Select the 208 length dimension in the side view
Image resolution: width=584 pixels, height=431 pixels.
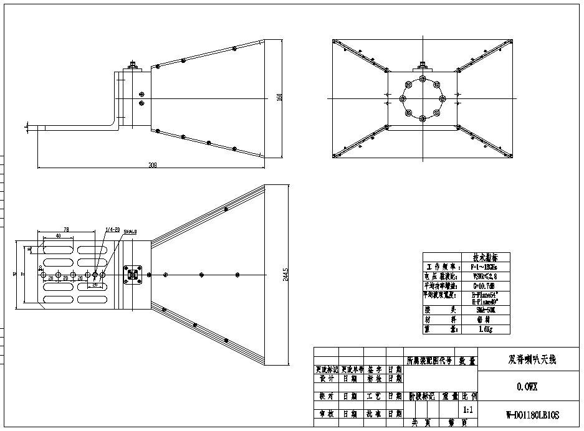point(152,165)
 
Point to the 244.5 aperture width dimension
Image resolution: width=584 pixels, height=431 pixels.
point(285,275)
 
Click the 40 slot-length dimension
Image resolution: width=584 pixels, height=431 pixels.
point(59,236)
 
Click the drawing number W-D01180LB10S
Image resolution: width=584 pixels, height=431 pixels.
point(533,415)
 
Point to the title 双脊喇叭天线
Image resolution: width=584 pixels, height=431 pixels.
point(532,360)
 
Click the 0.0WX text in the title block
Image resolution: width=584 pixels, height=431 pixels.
point(527,387)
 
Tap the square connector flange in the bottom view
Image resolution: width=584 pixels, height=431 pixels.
point(132,274)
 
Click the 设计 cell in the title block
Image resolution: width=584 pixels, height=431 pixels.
point(326,378)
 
